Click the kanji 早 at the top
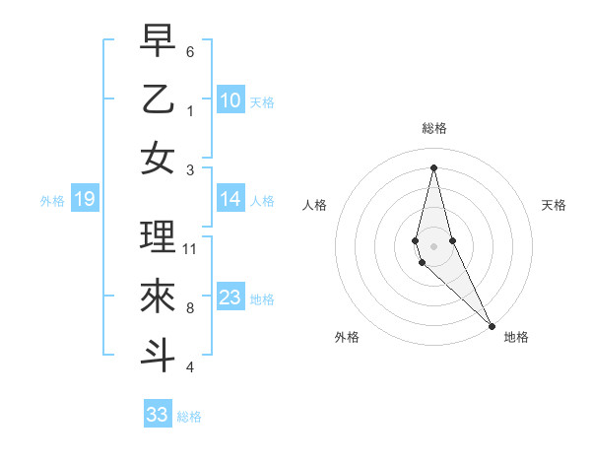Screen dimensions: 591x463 (158, 40)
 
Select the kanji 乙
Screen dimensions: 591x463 (158, 99)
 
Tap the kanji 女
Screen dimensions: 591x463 (158, 158)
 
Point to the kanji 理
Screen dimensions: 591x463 (158, 236)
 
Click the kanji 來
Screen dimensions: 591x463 (158, 296)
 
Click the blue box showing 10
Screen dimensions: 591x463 (230, 99)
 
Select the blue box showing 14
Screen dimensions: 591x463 (230, 199)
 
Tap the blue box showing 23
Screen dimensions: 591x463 (230, 298)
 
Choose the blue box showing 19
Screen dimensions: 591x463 (85, 200)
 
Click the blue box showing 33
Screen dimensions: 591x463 (158, 415)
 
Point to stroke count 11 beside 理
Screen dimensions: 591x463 (190, 249)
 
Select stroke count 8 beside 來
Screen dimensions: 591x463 (190, 308)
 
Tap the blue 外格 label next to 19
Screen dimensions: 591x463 (52, 201)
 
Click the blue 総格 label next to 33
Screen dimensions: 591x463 (189, 417)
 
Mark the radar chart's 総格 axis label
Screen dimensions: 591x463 (433, 128)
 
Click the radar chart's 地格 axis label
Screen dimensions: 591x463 (516, 337)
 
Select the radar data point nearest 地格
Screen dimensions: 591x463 (492, 325)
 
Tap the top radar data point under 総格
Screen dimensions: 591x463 (433, 166)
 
